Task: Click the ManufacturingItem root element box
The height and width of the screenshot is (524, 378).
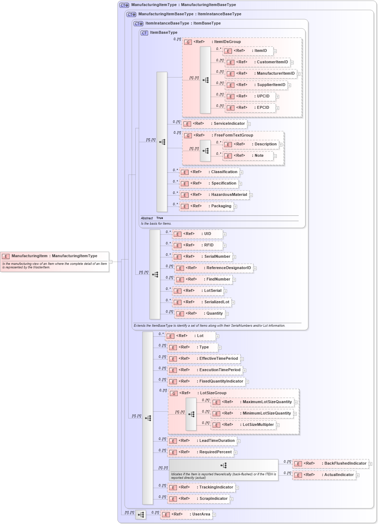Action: (54, 262)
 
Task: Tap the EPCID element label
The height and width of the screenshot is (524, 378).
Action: (263, 108)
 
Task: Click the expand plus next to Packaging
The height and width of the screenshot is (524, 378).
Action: (235, 207)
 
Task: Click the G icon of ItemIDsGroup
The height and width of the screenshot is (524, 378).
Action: (188, 42)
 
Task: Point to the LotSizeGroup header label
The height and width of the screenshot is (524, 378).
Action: (213, 393)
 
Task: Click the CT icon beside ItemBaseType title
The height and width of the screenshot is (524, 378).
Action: (144, 33)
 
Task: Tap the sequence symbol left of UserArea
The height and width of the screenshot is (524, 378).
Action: (141, 515)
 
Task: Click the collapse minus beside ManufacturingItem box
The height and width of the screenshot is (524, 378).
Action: (110, 262)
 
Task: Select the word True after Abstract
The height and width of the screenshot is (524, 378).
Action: (160, 218)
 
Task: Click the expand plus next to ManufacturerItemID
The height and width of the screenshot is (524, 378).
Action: (299, 74)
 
